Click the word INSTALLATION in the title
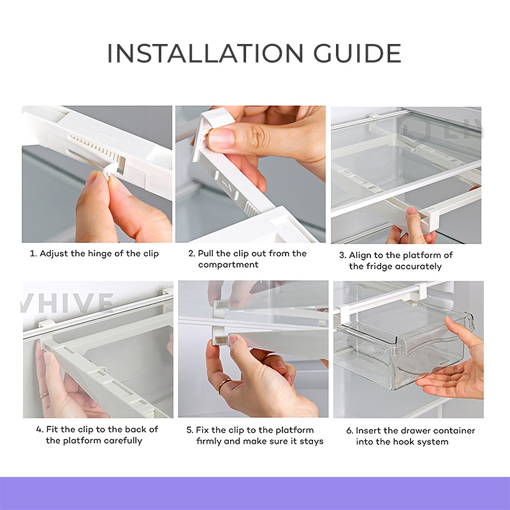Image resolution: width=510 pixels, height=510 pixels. click(x=205, y=53)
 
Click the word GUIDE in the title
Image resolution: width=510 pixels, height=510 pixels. click(x=358, y=53)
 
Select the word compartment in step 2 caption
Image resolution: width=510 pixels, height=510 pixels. click(x=228, y=265)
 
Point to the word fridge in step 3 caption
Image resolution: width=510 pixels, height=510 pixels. click(x=376, y=266)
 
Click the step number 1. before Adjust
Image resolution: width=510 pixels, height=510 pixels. click(x=33, y=254)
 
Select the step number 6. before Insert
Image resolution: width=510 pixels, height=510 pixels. click(x=349, y=431)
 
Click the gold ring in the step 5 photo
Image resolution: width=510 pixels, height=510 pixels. click(x=224, y=385)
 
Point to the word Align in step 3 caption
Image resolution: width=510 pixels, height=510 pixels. click(x=360, y=255)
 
